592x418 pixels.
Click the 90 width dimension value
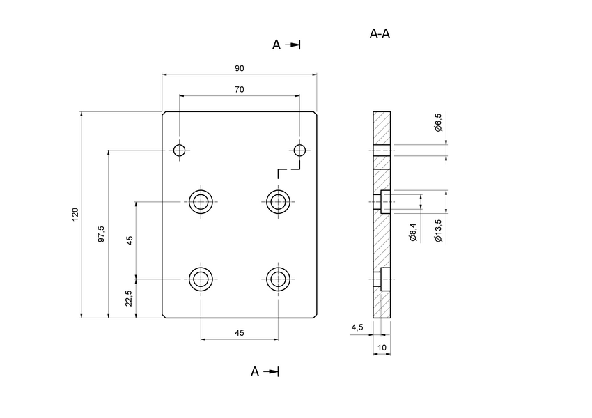point(239,68)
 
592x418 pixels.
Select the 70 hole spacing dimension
point(239,90)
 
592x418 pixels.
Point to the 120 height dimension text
point(75,215)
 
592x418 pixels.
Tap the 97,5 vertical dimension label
point(102,233)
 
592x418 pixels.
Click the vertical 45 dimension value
point(130,240)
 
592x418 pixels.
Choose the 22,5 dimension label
point(130,299)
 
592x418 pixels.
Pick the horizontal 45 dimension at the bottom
point(239,334)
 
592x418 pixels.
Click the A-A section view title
point(380,33)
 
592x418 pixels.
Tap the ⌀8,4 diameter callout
point(413,232)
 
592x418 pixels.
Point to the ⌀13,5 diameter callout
point(437,230)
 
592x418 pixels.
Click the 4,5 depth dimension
point(357,327)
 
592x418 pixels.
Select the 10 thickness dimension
point(382,346)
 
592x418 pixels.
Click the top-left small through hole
point(180,150)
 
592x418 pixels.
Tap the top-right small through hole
point(300,150)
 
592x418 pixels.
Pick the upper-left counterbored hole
point(201,202)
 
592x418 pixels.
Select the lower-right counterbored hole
point(279,279)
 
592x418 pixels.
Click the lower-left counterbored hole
point(201,279)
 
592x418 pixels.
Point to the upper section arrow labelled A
point(286,45)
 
